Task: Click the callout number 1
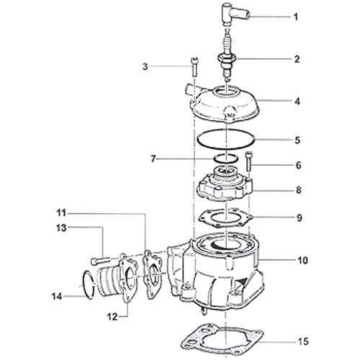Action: pos(296,17)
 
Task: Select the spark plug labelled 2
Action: pos(227,55)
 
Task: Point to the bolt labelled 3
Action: pos(194,67)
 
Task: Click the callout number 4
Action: pos(297,102)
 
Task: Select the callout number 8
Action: pos(298,190)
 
